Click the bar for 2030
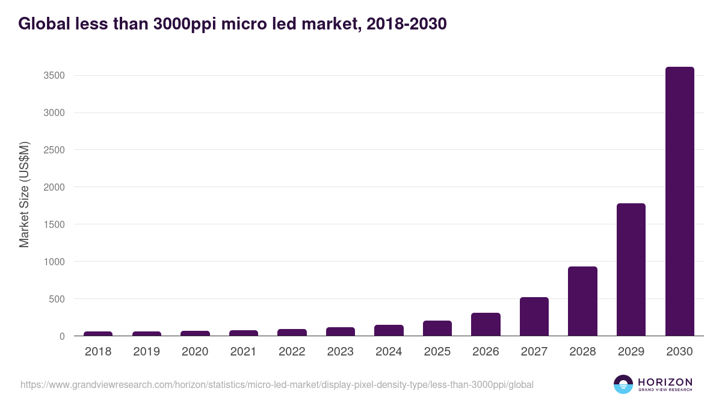(679, 201)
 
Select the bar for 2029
(631, 269)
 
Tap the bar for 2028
(582, 301)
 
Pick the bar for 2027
(534, 316)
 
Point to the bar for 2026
(486, 324)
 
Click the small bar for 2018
(98, 333)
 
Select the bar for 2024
(389, 330)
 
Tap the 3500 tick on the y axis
(54, 76)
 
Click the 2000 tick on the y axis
(54, 187)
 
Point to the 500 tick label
(56, 299)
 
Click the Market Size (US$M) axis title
(24, 194)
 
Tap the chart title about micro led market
(232, 24)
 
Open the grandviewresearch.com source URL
(277, 384)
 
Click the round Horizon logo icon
(623, 384)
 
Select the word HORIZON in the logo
(665, 381)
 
